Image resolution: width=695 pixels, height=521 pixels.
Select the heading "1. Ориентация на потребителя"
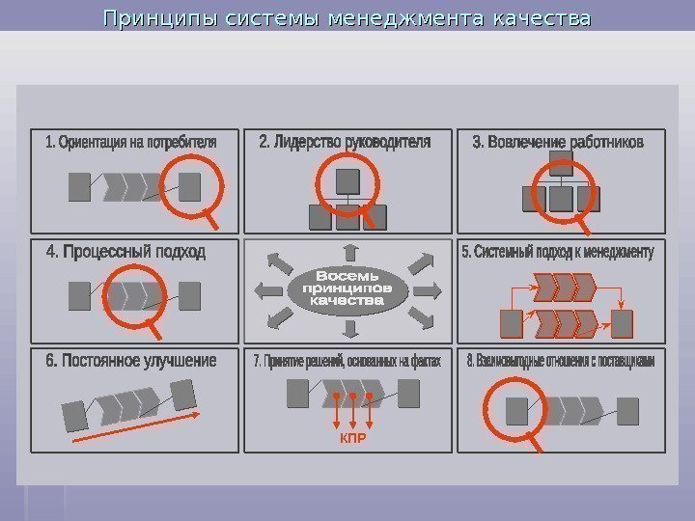point(130,143)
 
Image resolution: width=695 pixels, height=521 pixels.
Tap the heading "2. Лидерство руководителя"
point(345,142)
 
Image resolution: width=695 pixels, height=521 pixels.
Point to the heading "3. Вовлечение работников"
point(557,142)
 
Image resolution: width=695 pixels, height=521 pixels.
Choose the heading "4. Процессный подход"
point(125,252)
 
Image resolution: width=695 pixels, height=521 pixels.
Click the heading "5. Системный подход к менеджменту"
point(558,253)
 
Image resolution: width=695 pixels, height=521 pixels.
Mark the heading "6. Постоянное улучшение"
point(130,361)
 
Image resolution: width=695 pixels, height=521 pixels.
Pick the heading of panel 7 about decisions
point(347,362)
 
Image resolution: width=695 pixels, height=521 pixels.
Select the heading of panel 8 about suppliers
point(560,362)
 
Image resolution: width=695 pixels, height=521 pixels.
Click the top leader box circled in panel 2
point(347,180)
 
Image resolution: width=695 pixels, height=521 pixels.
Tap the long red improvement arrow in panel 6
point(135,425)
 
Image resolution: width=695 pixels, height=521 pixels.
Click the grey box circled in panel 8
point(518,412)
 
